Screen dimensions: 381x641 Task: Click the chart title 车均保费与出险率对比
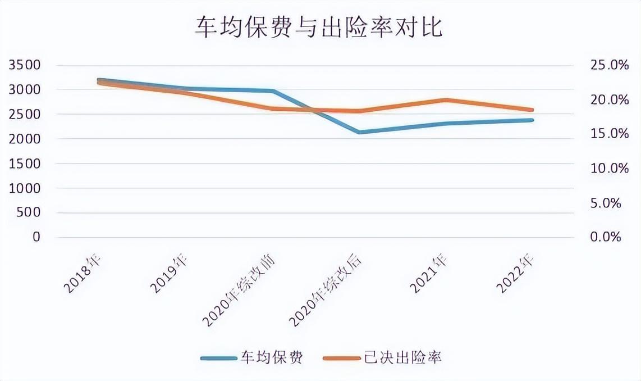319,26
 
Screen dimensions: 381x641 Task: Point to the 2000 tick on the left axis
25,139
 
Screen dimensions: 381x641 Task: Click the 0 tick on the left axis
36,237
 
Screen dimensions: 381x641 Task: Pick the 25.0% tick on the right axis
610,65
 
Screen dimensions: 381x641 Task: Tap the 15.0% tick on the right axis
610,134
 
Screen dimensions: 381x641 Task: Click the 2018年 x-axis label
83,274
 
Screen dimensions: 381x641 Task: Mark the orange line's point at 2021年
446,100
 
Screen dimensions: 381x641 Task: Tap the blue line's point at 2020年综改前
273,90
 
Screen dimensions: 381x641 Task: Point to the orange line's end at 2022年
532,110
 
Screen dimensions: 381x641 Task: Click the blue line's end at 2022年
532,120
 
